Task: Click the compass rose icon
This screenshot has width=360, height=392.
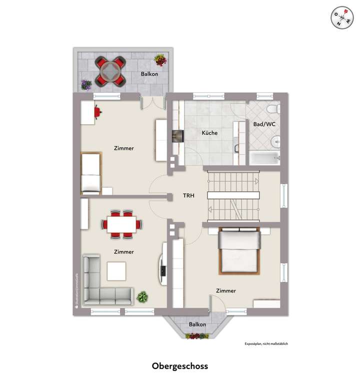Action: pos(341,18)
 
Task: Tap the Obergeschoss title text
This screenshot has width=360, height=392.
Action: pos(180,366)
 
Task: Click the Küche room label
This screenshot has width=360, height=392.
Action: pos(209,134)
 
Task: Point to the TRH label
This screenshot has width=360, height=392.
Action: pos(189,196)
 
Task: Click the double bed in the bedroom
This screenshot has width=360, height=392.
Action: pos(239,250)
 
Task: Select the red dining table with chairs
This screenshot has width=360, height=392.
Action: pos(121,223)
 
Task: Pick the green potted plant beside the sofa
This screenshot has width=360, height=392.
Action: pos(142,296)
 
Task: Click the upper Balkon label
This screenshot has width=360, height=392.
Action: pos(149,74)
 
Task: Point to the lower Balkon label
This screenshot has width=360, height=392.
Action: pos(197,324)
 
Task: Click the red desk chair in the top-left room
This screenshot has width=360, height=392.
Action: pos(97,111)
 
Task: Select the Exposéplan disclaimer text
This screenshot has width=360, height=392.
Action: pos(266,344)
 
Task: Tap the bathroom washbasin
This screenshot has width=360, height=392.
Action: pos(275,143)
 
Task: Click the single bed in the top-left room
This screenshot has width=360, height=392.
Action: pos(91,174)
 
